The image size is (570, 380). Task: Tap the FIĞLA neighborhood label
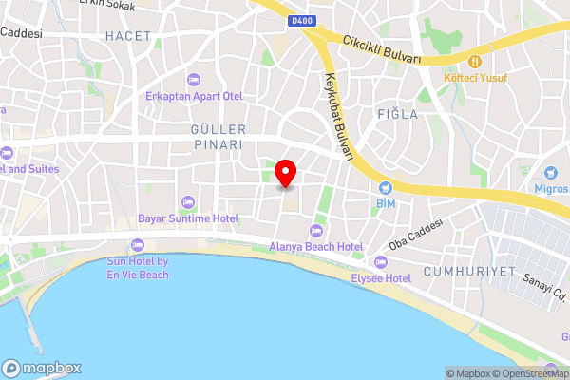coord(399,114)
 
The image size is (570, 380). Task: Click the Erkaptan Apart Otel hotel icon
coord(195,79)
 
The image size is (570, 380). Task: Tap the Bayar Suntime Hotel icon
coord(186,201)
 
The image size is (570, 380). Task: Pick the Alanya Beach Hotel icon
coord(316,231)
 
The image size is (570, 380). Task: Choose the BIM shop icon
coord(386,187)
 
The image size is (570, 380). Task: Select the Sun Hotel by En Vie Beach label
coord(138,268)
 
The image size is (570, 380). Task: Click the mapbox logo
coord(42,368)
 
